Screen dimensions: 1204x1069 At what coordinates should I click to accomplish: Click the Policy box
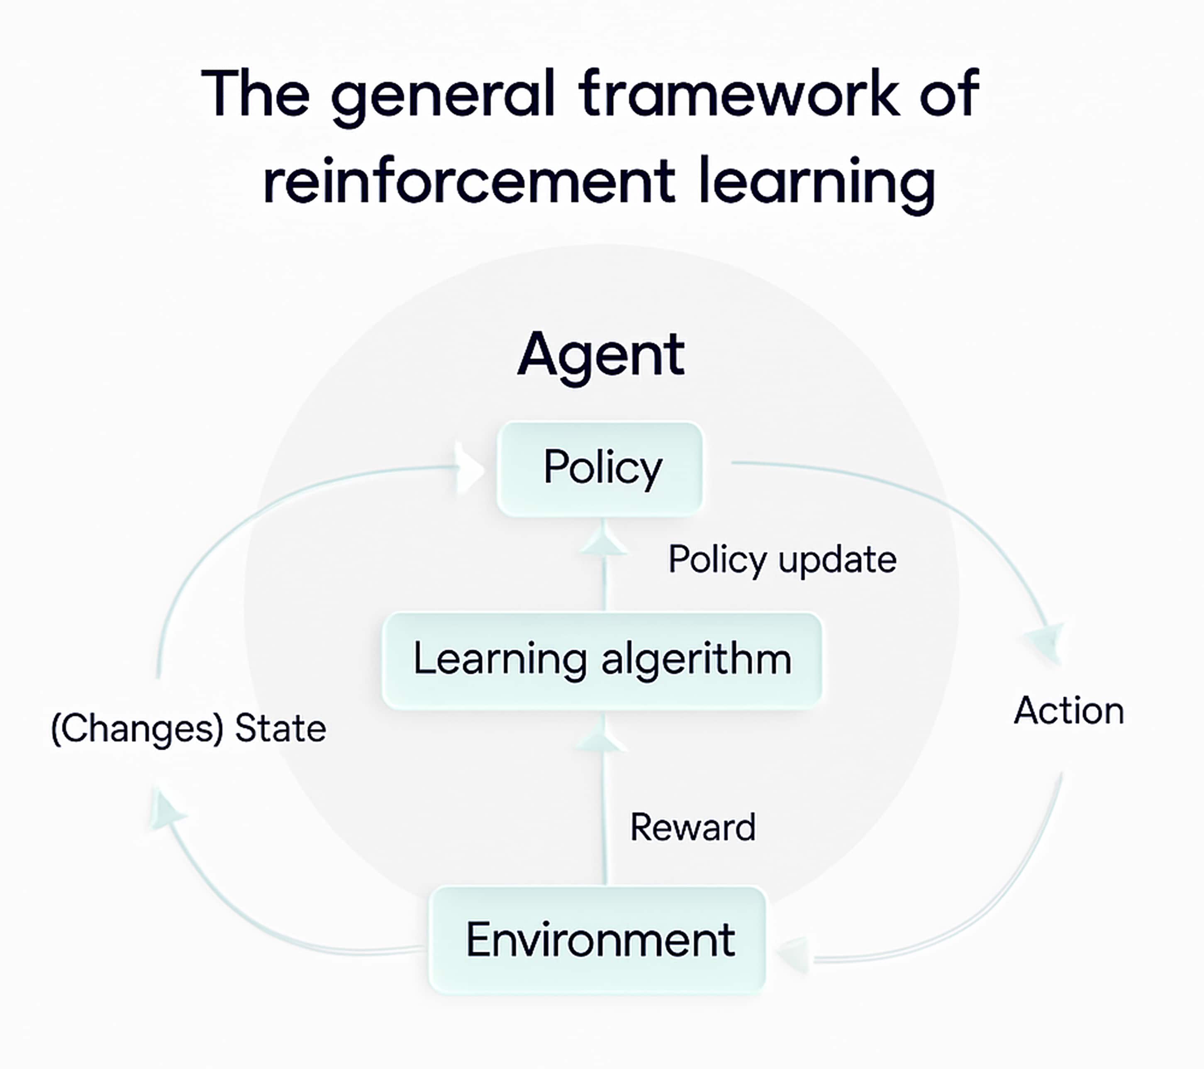(x=600, y=469)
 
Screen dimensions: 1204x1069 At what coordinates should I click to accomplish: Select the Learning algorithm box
(x=602, y=660)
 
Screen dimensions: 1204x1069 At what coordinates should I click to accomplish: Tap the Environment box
(x=597, y=940)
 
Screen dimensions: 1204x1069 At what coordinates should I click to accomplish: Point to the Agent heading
(x=601, y=355)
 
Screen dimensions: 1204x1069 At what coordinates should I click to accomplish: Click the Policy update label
(x=782, y=560)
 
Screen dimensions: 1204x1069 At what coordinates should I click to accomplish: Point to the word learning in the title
(x=816, y=184)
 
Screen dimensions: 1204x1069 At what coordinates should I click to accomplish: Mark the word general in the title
(x=443, y=97)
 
